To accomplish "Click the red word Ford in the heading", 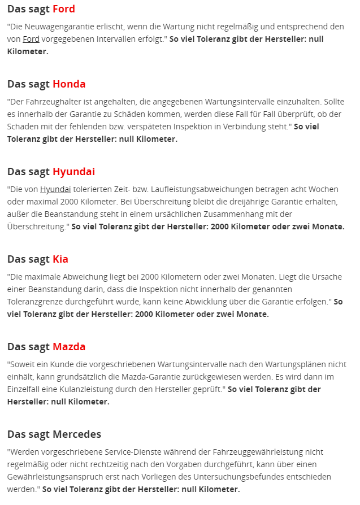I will click(63, 9).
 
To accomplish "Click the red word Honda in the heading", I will click(69, 84).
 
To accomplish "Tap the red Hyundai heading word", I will click(73, 172).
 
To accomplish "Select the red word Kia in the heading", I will click(60, 259).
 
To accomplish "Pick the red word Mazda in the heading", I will click(69, 347).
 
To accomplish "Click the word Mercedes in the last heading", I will click(77, 434).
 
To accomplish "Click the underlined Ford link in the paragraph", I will click(31, 39).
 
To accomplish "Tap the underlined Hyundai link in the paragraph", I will click(55, 189).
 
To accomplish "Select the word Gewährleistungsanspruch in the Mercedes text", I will click(58, 477).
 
